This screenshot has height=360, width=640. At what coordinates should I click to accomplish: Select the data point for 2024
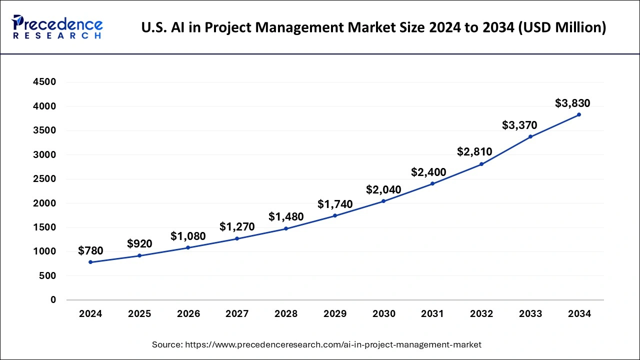90,262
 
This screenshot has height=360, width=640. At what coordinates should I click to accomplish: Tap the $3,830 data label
572,103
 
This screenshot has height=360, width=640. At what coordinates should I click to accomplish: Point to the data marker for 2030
383,201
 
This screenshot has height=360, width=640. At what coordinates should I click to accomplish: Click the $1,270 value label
237,227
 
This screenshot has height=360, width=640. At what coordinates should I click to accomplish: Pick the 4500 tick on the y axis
45,82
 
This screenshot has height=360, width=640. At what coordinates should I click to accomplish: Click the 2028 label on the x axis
286,314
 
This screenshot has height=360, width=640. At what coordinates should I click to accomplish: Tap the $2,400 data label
428,172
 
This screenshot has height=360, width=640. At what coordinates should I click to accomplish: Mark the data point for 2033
530,136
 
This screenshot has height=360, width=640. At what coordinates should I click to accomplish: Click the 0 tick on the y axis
53,300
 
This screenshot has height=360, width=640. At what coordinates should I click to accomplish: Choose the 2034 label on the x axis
579,314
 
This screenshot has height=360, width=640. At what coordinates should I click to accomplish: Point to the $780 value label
90,251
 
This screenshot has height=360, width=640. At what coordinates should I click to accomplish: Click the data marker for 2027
237,238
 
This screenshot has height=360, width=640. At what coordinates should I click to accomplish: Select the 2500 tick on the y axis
45,179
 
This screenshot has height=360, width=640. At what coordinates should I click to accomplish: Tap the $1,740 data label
335,204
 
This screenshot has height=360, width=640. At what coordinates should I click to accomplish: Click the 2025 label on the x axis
139,314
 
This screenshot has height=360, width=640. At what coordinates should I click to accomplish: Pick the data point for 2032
481,164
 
